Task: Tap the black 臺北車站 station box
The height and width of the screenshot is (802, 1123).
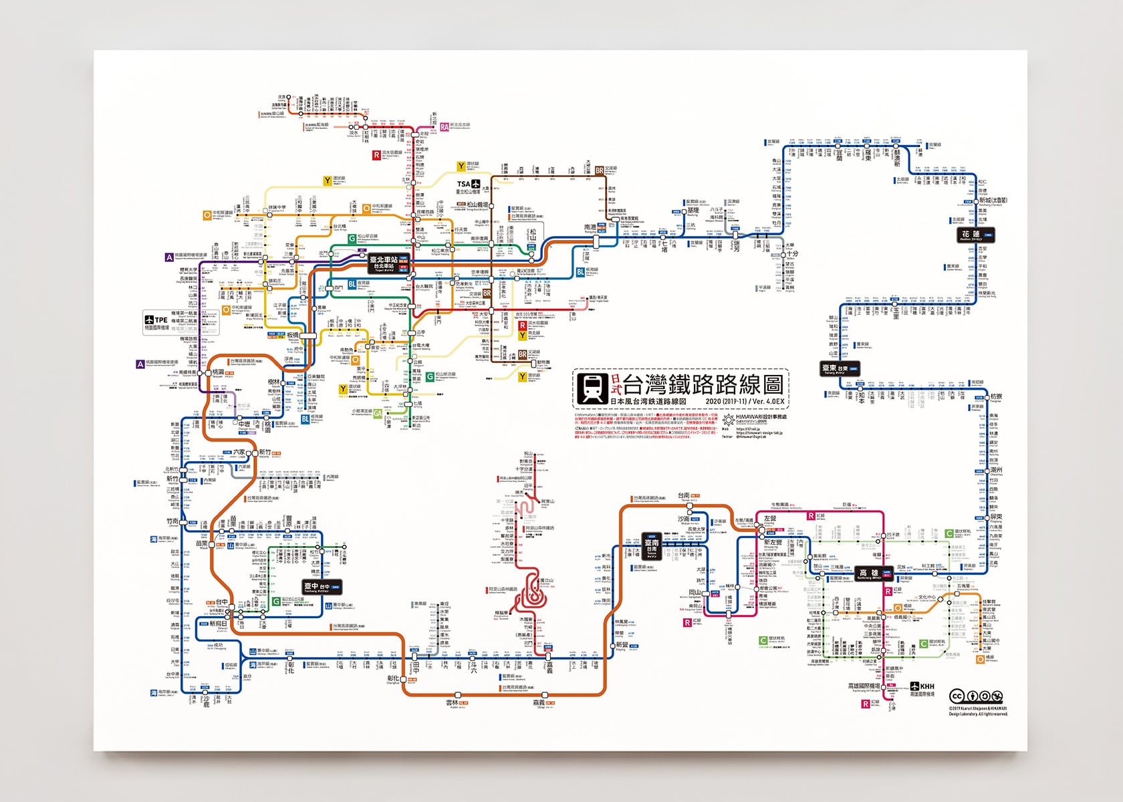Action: pyautogui.click(x=386, y=263)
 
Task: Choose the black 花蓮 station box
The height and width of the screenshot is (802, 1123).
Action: pyautogui.click(x=971, y=235)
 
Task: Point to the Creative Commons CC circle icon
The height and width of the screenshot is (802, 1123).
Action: pyautogui.click(x=956, y=696)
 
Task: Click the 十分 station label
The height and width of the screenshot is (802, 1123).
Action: pyautogui.click(x=792, y=254)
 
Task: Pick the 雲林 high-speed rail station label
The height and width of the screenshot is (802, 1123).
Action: pyautogui.click(x=453, y=703)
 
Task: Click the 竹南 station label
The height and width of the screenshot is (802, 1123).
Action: pyautogui.click(x=172, y=521)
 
